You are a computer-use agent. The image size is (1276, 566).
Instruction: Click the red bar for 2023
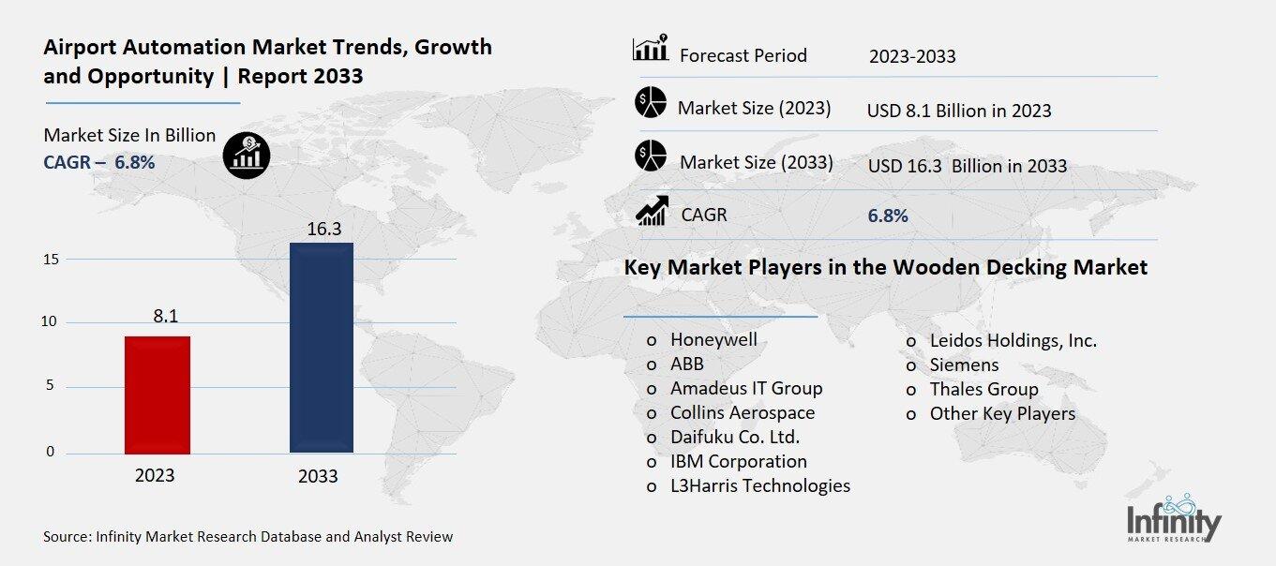coord(158,395)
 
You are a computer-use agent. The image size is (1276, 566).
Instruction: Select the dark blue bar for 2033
coord(321,348)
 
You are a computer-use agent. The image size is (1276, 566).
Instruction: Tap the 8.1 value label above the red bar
coord(166,317)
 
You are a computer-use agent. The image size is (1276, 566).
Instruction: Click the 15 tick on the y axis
coord(51,259)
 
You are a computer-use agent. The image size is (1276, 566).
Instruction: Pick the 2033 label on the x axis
coord(318,476)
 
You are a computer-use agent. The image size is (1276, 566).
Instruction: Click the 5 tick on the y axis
coord(51,386)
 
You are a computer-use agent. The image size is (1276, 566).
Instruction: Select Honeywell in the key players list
coord(713,339)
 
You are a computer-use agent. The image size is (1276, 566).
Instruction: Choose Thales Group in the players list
coord(983,389)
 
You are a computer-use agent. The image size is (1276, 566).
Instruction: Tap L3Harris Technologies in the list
coord(759,485)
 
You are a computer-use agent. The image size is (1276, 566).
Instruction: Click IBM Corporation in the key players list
coord(738,461)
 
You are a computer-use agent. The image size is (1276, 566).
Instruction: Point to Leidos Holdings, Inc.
coord(1013,340)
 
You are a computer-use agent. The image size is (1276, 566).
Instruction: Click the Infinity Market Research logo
coord(1174,518)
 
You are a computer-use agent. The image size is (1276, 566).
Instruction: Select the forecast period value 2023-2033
coord(912,56)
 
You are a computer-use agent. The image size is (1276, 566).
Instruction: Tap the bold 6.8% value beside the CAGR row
coord(888,216)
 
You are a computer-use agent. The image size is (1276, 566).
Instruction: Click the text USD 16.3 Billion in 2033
coord(967,166)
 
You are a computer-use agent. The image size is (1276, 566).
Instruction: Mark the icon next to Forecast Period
coord(650,49)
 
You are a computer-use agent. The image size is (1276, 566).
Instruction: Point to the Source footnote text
coord(248,537)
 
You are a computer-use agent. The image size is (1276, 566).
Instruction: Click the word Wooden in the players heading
coord(931,267)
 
